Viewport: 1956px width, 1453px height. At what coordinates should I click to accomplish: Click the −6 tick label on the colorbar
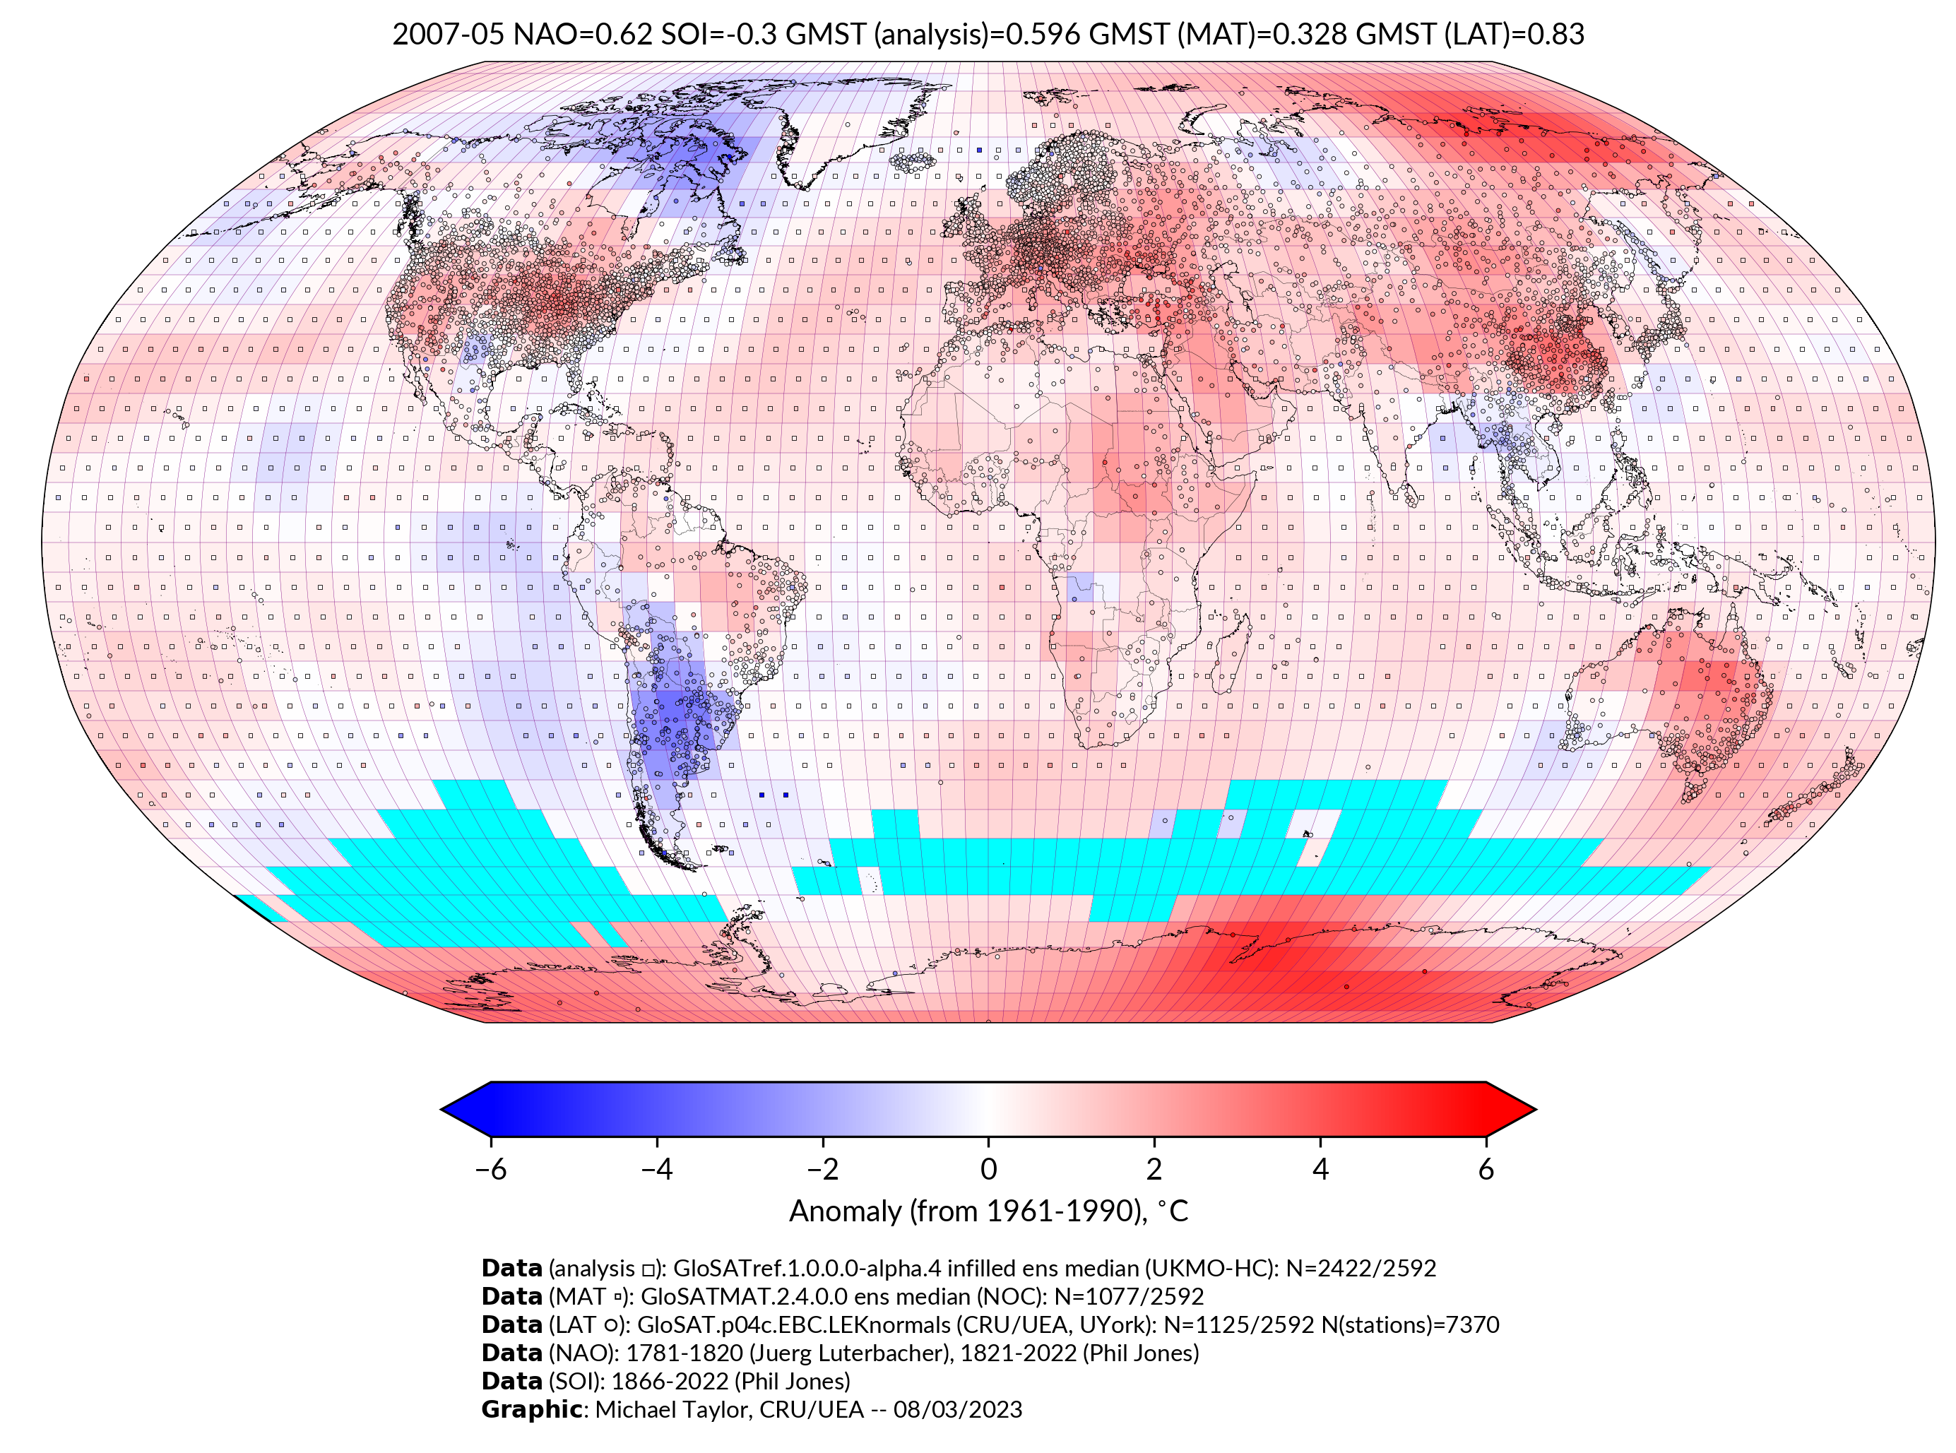pos(491,1169)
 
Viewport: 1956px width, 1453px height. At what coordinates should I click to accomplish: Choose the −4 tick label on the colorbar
pos(656,1169)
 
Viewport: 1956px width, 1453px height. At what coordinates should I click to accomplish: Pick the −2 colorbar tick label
pos(822,1169)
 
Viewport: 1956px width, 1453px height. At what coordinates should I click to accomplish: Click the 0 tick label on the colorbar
pos(988,1169)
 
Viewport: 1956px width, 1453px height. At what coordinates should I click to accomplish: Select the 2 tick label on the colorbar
pos(1154,1169)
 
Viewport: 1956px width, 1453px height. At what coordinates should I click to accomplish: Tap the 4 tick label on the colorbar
pos(1320,1169)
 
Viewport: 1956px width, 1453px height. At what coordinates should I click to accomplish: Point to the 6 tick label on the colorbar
pos(1486,1169)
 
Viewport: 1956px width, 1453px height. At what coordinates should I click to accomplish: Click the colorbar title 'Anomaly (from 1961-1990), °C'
pos(988,1211)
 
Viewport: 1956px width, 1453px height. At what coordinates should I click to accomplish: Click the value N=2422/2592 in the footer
pos(1361,1269)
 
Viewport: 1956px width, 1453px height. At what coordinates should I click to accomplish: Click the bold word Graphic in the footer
pos(531,1409)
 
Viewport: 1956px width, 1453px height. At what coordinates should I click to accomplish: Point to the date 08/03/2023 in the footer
pos(958,1409)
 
